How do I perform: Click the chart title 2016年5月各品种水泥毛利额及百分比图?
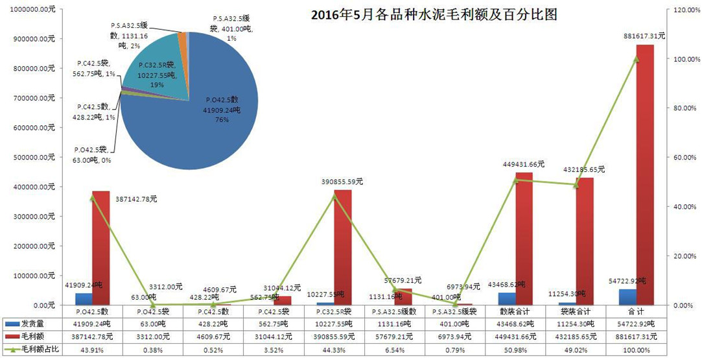tap(434, 14)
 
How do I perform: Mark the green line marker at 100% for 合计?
tap(636, 59)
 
